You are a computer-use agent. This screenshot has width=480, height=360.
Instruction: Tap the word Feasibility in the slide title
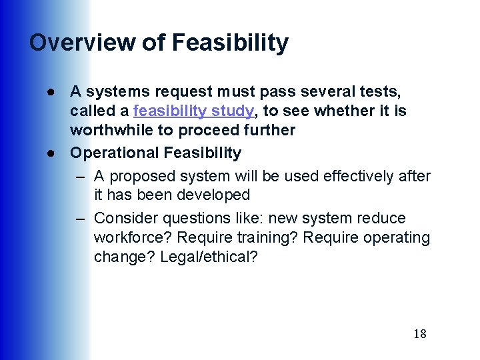pyautogui.click(x=230, y=43)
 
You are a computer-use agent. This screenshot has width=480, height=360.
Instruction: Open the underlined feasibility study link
pyautogui.click(x=194, y=110)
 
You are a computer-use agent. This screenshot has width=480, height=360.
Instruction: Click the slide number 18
pyautogui.click(x=419, y=334)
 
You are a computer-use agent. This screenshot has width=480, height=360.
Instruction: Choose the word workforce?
pyautogui.click(x=129, y=237)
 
